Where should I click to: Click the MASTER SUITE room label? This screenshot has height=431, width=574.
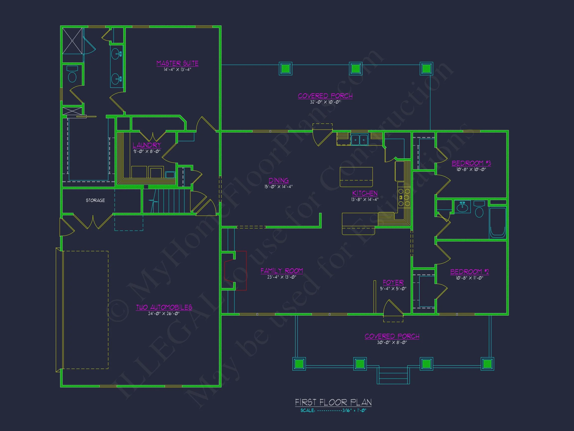177,63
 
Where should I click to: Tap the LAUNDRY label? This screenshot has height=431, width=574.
147,145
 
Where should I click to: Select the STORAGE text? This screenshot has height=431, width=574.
95,200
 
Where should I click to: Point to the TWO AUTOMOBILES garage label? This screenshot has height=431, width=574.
164,307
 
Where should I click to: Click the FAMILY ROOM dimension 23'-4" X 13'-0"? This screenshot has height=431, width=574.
282,277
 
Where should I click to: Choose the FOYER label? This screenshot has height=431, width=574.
393,282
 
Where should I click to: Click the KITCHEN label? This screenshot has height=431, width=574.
364,193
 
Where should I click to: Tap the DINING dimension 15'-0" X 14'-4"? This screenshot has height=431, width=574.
279,187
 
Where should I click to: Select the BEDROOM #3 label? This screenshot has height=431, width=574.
471,163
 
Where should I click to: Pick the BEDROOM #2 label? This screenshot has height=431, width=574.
469,272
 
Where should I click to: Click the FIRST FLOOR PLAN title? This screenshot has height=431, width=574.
333,402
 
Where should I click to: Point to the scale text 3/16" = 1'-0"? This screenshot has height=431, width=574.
354,411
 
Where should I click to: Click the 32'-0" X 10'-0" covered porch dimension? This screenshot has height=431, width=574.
325,102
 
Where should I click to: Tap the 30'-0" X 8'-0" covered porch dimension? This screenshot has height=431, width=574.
392,342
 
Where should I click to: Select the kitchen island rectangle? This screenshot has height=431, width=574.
356,177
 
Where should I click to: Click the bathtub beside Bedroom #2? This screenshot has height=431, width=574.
498,222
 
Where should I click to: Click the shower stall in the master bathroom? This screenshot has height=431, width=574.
72,41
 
